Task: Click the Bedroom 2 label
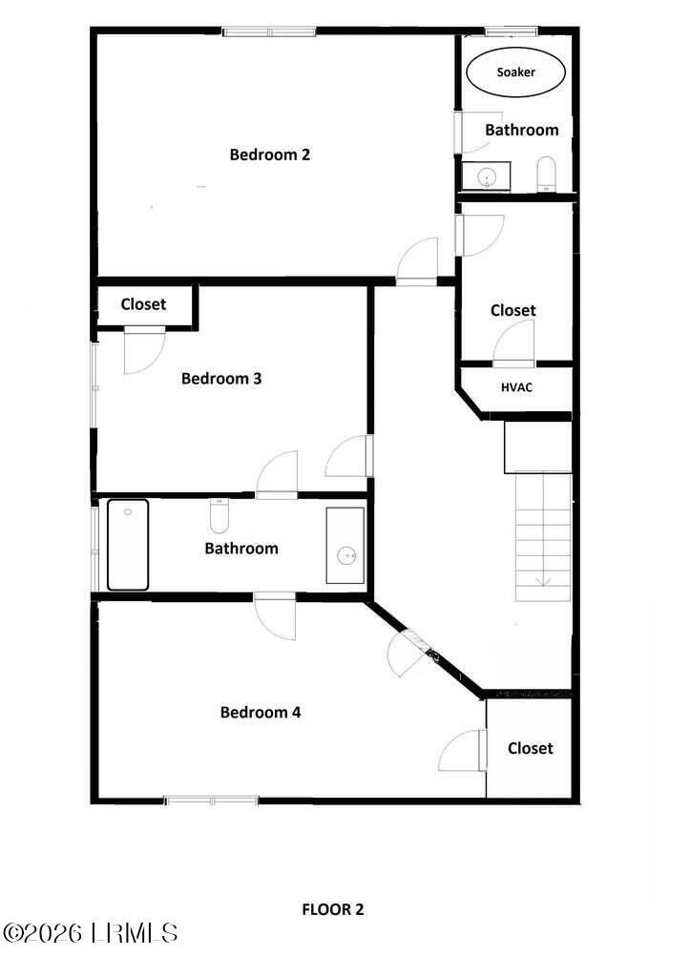[270, 155]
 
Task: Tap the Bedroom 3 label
[221, 379]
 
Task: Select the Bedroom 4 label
[261, 713]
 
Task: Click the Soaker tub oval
[515, 73]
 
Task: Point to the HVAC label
[515, 387]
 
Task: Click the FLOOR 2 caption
[333, 909]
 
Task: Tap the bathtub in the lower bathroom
[128, 545]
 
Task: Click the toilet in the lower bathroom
[220, 516]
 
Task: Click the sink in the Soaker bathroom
[487, 177]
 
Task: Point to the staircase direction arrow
[542, 579]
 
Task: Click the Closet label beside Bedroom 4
[530, 749]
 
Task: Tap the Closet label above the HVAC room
[513, 310]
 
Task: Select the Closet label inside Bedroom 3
[143, 304]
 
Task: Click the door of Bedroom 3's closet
[143, 348]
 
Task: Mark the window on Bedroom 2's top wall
[269, 31]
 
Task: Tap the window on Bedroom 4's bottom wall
[211, 800]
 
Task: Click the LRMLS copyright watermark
[91, 932]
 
